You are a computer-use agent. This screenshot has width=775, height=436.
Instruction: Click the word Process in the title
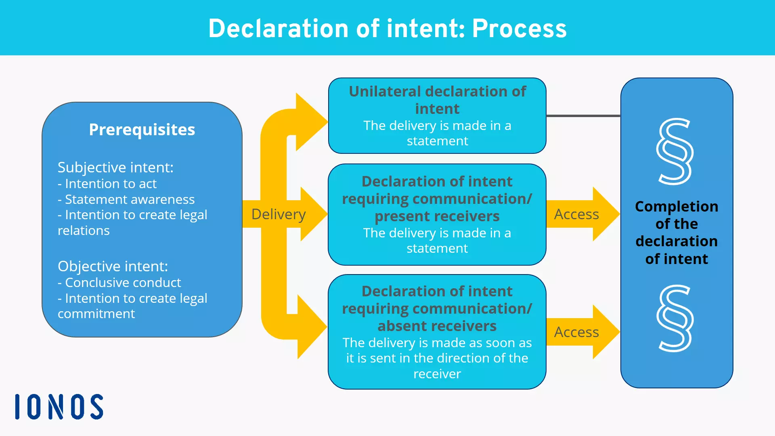519,29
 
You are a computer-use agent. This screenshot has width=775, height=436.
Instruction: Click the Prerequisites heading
142,130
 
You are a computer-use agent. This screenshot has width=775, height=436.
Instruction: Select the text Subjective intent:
115,167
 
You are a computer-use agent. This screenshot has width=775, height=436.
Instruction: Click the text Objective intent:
113,266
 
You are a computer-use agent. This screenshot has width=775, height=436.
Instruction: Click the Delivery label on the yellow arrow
278,214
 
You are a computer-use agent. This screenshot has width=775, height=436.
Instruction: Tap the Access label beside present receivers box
576,214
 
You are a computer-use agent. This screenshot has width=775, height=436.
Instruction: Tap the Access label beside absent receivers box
576,332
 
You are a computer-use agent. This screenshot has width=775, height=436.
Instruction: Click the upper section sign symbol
675,151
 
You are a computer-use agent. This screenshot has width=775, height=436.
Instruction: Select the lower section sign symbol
675,318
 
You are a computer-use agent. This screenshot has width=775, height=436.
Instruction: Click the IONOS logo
59,407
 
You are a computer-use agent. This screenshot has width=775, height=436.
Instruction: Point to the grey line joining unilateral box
583,116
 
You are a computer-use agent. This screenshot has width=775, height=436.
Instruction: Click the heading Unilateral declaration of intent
437,100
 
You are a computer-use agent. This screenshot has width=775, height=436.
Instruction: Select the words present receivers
437,216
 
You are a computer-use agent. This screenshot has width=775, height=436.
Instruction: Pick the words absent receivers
437,326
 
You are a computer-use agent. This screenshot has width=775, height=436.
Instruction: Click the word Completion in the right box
677,206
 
